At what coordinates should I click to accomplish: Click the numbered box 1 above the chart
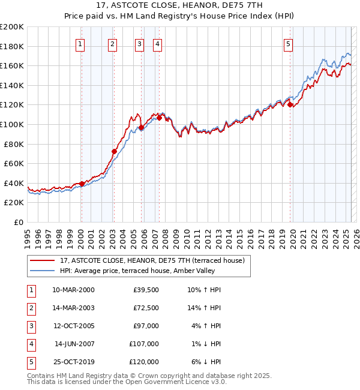(80, 43)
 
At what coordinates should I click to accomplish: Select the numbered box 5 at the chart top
(289, 43)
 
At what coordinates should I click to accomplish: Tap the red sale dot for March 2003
(113, 151)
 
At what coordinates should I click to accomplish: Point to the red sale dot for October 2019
(290, 105)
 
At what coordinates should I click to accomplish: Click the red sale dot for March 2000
(82, 184)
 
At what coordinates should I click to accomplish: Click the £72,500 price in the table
(146, 308)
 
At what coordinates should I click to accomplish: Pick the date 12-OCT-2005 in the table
(73, 326)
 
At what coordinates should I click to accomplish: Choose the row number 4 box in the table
(30, 344)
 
